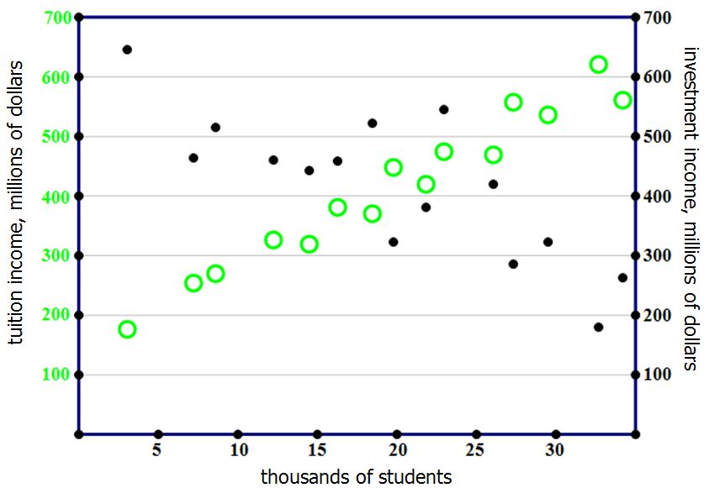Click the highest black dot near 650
[127, 50]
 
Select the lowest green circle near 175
[127, 329]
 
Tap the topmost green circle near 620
[599, 65]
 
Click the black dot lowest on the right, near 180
[599, 327]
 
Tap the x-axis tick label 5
[157, 451]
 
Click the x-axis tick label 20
[398, 451]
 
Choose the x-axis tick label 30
[554, 451]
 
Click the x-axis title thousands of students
[356, 476]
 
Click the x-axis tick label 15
[317, 451]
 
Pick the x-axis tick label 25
[477, 451]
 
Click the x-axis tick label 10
[238, 451]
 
